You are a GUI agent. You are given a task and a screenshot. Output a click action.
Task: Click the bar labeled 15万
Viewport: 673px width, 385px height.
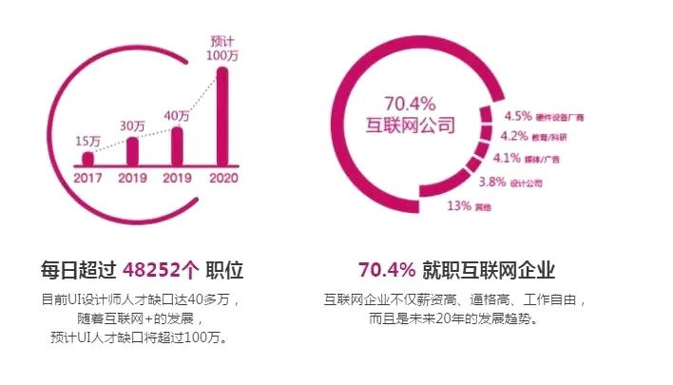click(x=87, y=159)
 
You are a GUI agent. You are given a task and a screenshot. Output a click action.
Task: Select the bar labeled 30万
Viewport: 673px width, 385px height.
click(x=132, y=151)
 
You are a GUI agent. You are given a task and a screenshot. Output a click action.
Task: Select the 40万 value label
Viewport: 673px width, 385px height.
click(x=177, y=116)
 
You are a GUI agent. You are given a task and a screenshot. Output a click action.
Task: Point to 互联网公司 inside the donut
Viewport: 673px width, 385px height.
click(x=411, y=125)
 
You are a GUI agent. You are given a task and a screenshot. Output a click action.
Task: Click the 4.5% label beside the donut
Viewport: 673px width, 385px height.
click(x=518, y=118)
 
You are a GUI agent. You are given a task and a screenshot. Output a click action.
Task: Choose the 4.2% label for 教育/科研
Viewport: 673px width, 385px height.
click(x=513, y=137)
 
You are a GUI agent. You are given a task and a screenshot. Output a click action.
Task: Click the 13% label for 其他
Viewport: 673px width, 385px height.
click(x=459, y=204)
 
